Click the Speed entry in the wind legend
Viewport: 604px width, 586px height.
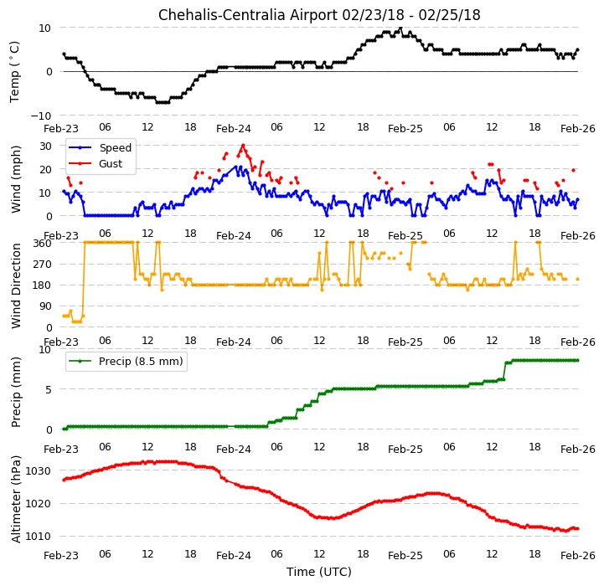click(115, 148)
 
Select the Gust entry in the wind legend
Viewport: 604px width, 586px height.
click(111, 163)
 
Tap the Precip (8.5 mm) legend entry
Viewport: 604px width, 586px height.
click(141, 361)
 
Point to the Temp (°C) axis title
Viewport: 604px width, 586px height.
click(14, 72)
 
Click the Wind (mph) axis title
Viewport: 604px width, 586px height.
click(16, 179)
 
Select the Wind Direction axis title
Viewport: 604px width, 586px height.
click(16, 285)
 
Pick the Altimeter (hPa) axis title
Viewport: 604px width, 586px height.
click(16, 499)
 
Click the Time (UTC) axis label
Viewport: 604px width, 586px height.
click(319, 572)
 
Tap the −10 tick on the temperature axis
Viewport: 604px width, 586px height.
click(40, 116)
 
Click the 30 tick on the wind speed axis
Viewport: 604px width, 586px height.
click(45, 146)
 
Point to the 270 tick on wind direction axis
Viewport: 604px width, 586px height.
click(43, 265)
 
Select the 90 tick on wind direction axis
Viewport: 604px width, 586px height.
click(45, 306)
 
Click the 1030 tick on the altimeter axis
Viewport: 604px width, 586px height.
click(39, 470)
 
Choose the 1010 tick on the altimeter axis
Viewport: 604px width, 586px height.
click(39, 536)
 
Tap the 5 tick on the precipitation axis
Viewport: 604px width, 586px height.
click(49, 389)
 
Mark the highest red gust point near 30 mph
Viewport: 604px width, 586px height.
click(243, 146)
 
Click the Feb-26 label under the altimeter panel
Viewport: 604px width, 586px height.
click(578, 556)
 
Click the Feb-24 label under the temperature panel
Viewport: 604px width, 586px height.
click(234, 129)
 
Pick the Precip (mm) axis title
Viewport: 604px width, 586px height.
click(16, 393)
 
